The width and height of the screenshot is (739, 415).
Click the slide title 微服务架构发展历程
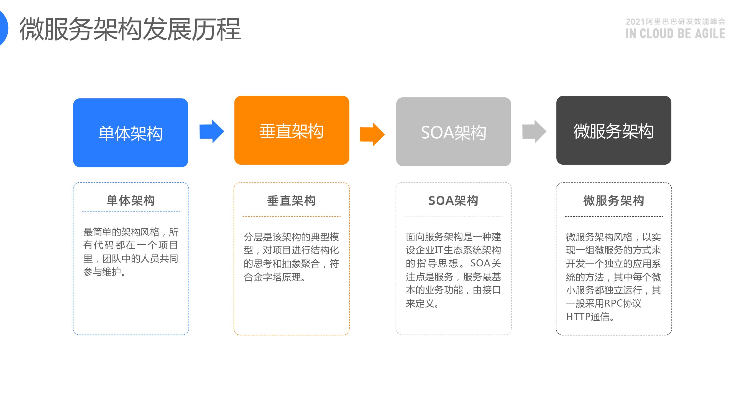point(130,29)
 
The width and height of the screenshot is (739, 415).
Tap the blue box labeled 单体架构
point(131,133)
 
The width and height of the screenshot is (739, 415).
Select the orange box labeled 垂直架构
point(291,130)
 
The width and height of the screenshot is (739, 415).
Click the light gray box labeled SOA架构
point(453,132)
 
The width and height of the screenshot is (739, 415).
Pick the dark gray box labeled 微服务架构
point(613,130)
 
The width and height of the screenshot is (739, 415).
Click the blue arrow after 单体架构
point(212,131)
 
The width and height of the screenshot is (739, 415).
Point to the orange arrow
point(372,134)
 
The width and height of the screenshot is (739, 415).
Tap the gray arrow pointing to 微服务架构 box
point(534,131)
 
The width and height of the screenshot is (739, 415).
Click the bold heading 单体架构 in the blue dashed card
point(131,201)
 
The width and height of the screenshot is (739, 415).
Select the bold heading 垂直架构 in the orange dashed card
point(291,201)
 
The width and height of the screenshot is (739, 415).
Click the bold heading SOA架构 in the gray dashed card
point(453,201)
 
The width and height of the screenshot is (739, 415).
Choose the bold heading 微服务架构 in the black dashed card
point(614,201)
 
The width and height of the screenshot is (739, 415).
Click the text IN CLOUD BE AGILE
point(675,34)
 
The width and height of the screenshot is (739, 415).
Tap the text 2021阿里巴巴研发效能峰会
point(675,22)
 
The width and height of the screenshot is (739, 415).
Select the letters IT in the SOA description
point(439,250)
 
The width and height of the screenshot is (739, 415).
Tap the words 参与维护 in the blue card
point(102,272)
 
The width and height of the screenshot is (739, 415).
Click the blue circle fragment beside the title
point(3,28)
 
